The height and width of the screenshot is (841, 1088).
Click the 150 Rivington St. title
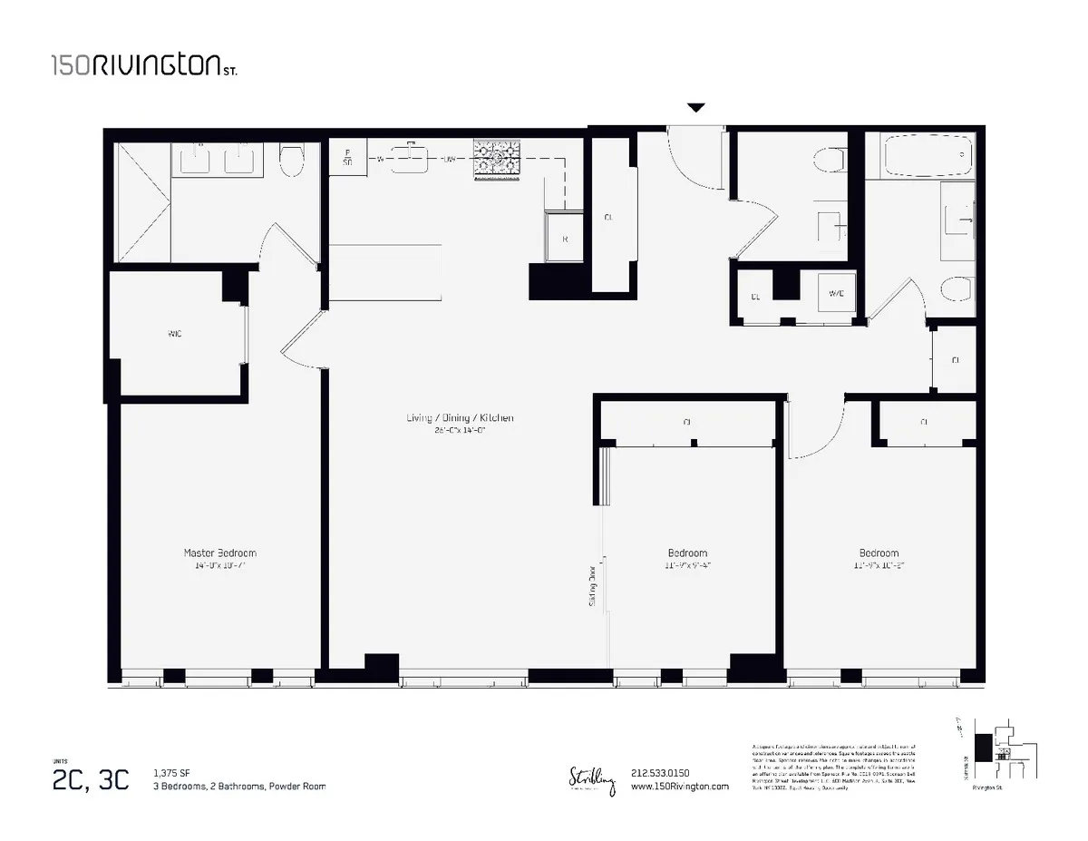coord(144,65)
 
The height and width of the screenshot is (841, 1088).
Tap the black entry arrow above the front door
coord(695,108)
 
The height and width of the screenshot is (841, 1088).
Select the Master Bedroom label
coord(219,553)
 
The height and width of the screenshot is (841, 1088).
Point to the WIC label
coord(175,334)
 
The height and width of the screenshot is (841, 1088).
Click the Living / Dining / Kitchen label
coord(460,418)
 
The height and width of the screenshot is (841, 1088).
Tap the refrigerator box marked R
coord(565,240)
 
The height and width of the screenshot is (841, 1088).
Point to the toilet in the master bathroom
coord(291,161)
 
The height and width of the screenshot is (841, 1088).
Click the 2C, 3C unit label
coord(91,778)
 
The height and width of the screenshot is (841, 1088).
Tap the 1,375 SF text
coord(172,773)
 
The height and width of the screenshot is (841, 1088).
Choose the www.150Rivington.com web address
coord(678,787)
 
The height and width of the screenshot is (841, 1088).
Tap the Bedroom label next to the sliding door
coord(687,553)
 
